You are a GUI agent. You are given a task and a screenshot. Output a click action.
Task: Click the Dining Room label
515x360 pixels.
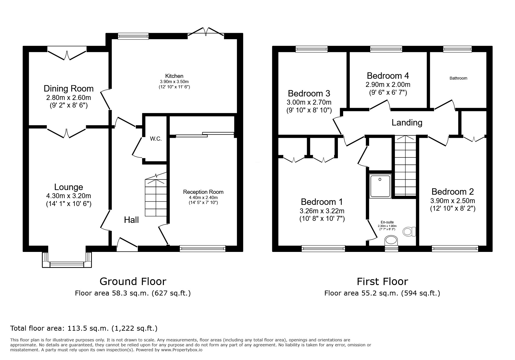coord(69,89)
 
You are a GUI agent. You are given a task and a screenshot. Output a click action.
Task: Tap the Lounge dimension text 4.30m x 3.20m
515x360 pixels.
coord(69,196)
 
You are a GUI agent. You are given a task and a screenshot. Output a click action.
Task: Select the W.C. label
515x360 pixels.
coord(156,139)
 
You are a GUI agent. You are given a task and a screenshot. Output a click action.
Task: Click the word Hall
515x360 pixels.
coord(131,220)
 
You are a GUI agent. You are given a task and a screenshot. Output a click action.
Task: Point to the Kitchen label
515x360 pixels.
coord(174,76)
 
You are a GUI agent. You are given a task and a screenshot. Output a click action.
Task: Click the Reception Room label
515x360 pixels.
coord(203,192)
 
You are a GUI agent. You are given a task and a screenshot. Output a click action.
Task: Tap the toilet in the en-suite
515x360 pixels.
coord(409,232)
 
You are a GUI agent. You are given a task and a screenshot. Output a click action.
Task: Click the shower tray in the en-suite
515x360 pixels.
coord(380,186)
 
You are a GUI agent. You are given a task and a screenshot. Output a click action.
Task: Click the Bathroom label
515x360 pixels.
coord(458,78)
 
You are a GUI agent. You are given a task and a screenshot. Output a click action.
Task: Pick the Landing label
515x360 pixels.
coord(407,123)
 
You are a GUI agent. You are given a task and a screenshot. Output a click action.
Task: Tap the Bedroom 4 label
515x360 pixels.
coord(388,76)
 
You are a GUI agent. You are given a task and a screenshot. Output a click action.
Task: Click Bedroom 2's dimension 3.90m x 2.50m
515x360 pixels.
coord(453,201)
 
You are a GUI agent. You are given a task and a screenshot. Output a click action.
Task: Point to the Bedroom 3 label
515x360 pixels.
coord(309,94)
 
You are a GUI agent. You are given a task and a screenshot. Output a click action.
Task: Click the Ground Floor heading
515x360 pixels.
coord(133,281)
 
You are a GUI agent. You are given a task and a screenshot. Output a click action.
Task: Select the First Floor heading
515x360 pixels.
coord(382,281)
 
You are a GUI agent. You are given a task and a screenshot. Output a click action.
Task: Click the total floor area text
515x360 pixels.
coord(84,329)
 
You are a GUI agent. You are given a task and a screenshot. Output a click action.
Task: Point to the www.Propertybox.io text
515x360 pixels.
coord(181,350)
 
